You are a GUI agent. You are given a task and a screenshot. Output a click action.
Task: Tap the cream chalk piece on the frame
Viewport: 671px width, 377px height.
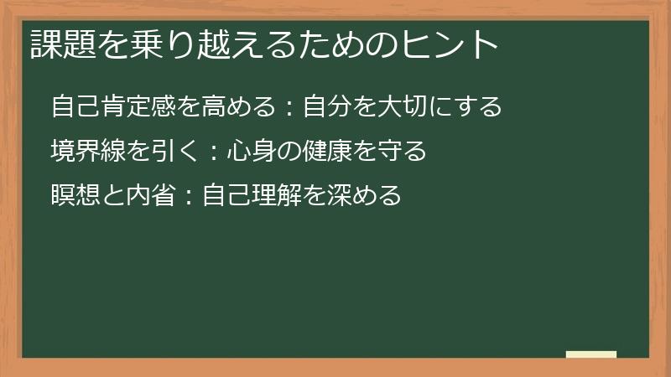[x=591, y=354]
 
